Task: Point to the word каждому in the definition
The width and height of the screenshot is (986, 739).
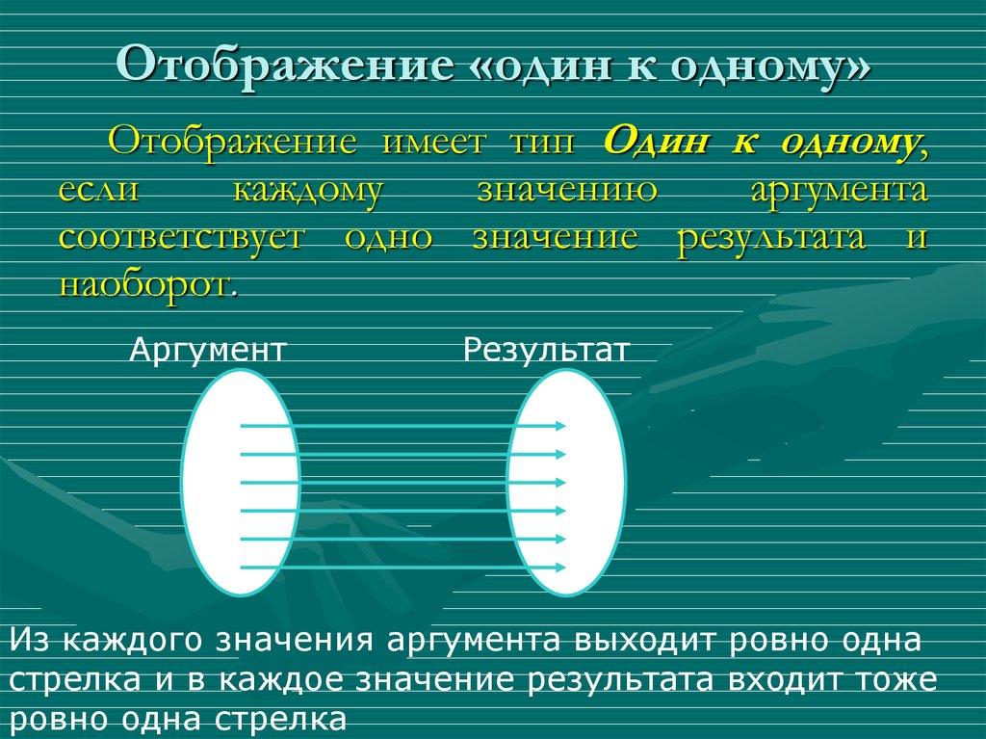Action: pyautogui.click(x=307, y=190)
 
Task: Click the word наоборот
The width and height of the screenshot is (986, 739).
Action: pyautogui.click(x=144, y=284)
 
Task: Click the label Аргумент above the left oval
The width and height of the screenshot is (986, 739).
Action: pyautogui.click(x=208, y=349)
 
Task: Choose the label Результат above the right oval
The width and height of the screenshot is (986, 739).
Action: pyautogui.click(x=546, y=349)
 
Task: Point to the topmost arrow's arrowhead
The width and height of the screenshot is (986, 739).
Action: pyautogui.click(x=561, y=425)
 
